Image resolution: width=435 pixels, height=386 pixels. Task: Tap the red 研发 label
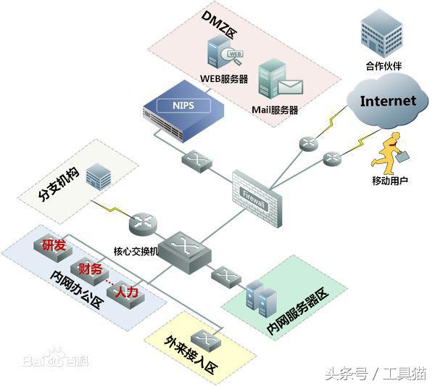pyautogui.click(x=54, y=245)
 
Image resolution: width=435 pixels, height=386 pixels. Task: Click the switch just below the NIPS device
pyautogui.click(x=196, y=159)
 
